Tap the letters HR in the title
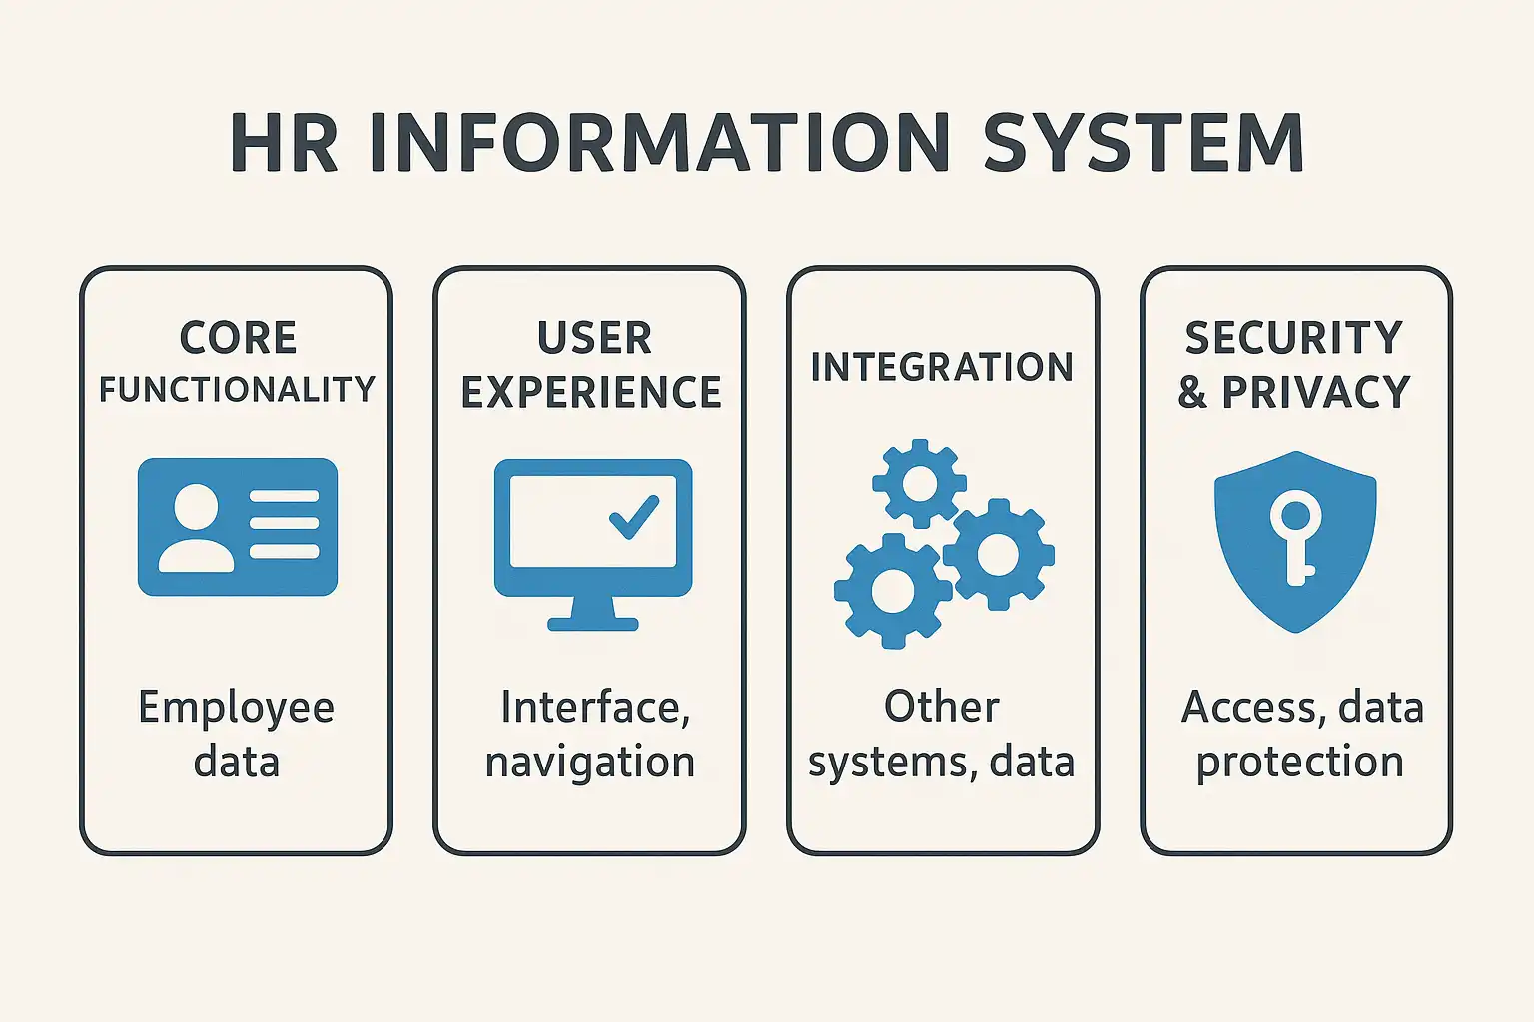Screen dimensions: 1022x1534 pos(284,143)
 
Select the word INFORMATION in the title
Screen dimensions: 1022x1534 pos(659,143)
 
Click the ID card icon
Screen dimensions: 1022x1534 pos(238,527)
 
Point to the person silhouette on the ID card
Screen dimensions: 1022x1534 pos(196,528)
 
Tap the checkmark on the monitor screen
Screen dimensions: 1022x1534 pos(634,516)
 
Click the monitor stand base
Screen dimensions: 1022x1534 pos(593,624)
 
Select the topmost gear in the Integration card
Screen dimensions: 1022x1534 pos(919,484)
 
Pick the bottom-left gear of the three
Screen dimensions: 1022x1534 pos(892,591)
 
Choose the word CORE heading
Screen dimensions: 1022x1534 pos(238,338)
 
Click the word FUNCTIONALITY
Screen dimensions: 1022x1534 pos(237,389)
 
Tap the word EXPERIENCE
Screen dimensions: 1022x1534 pos(591,392)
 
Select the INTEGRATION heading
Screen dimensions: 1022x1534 pos(942,367)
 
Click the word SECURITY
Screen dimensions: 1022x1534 pos(1294,338)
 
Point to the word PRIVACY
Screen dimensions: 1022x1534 pos(1316,392)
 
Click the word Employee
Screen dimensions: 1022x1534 pos(237,708)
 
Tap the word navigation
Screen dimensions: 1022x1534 pos(590,762)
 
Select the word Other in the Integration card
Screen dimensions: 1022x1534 pos(941,707)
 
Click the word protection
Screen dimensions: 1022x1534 pos(1300,762)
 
